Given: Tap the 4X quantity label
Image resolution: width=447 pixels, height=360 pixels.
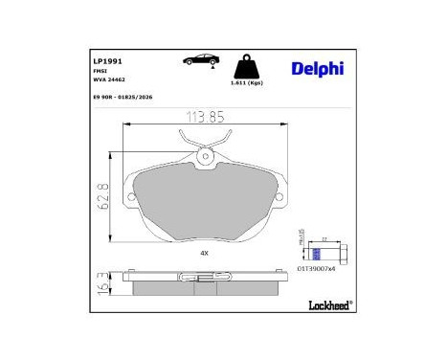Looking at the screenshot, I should point(203,253).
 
